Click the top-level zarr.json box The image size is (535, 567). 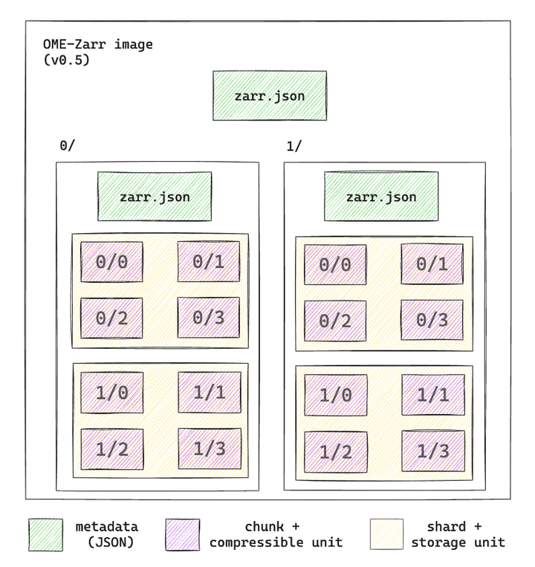tap(269, 96)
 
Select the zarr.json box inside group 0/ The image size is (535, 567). tap(155, 197)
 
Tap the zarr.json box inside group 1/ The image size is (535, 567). tap(380, 197)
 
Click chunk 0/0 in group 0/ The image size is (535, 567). tap(111, 262)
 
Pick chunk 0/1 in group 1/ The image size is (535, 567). tap(432, 264)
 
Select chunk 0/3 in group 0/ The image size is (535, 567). tap(208, 318)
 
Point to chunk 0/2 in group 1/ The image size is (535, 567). tap(334, 321)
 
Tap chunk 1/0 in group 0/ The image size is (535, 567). tap(111, 391)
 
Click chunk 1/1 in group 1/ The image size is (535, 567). tap(433, 394)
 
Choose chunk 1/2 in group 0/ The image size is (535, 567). tap(111, 448)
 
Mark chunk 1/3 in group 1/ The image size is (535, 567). tap(433, 451)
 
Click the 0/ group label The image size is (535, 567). tap(67, 146)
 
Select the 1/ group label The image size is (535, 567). tap(294, 146)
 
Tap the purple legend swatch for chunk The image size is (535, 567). tap(182, 534)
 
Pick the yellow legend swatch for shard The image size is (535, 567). tap(386, 534)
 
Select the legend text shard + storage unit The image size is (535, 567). tap(458, 534)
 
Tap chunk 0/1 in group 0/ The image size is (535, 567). tap(208, 261)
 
